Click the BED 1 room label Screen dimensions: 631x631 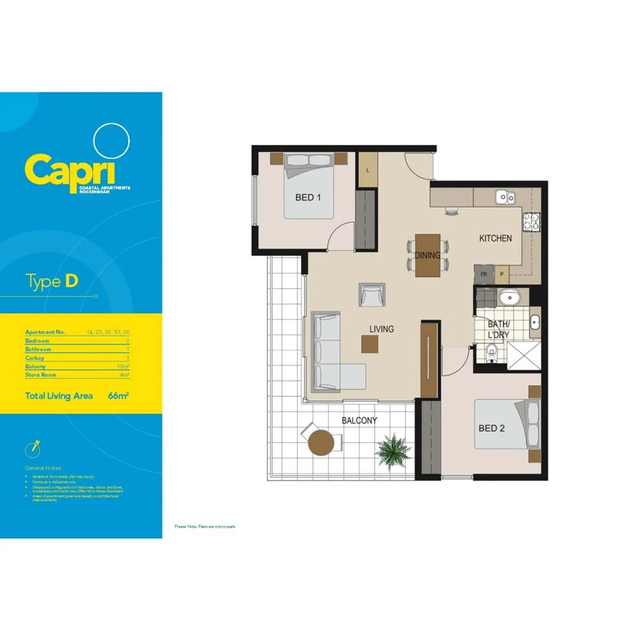point(308,198)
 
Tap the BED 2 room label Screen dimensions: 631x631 point(492,428)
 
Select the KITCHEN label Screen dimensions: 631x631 point(495,238)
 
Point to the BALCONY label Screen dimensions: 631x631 point(359,421)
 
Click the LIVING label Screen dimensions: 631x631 point(382,329)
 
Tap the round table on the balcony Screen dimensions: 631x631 point(321,443)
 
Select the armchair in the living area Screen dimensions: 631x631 point(372,294)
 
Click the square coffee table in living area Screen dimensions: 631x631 point(369,344)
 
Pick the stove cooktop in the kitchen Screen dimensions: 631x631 point(531,222)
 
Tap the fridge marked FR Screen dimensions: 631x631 point(484,274)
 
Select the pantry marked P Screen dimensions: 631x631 point(502,274)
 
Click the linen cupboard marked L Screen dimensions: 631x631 point(367,170)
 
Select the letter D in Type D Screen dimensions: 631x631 point(72,282)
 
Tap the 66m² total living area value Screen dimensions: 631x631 point(118,396)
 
